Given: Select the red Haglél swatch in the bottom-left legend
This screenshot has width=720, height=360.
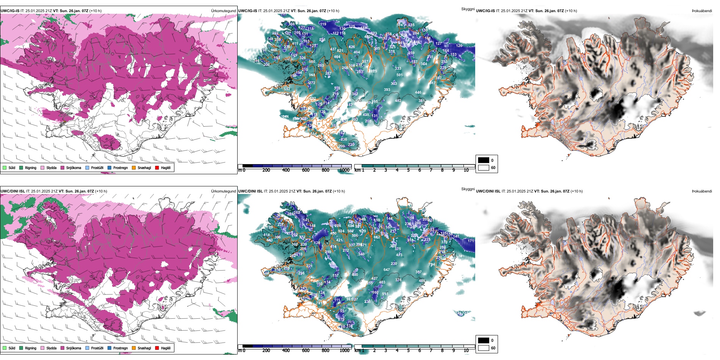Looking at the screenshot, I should (x=157, y=348).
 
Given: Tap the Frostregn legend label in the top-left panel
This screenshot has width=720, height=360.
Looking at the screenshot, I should (x=121, y=167).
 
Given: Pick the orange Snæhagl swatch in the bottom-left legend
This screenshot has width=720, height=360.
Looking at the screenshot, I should (x=134, y=348).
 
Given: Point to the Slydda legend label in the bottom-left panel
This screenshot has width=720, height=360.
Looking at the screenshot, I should (x=52, y=348).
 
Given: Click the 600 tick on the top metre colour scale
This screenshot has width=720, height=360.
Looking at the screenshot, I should (x=306, y=170).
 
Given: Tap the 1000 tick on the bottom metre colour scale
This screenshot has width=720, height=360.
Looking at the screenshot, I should (x=344, y=351).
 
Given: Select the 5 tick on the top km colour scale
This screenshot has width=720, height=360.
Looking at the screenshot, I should (x=408, y=170).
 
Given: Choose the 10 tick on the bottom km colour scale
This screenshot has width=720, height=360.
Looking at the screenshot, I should (x=466, y=351).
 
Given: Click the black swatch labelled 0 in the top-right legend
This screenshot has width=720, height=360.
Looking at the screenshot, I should (x=484, y=160).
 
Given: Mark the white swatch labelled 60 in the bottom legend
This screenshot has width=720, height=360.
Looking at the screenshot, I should (x=484, y=348).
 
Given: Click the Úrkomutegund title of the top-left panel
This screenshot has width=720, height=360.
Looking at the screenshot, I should (x=223, y=11).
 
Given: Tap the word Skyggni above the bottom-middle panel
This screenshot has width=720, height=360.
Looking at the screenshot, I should (x=468, y=189).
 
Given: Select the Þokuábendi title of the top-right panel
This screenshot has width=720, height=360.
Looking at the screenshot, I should (x=702, y=11).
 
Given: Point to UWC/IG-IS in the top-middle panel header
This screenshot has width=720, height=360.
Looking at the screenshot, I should (x=247, y=11).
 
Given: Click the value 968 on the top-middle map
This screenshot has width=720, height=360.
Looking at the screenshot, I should (x=312, y=75).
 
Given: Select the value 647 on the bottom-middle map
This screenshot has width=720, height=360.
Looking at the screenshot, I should (x=387, y=270).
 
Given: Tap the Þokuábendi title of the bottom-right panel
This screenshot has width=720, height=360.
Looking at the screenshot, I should (x=702, y=191).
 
